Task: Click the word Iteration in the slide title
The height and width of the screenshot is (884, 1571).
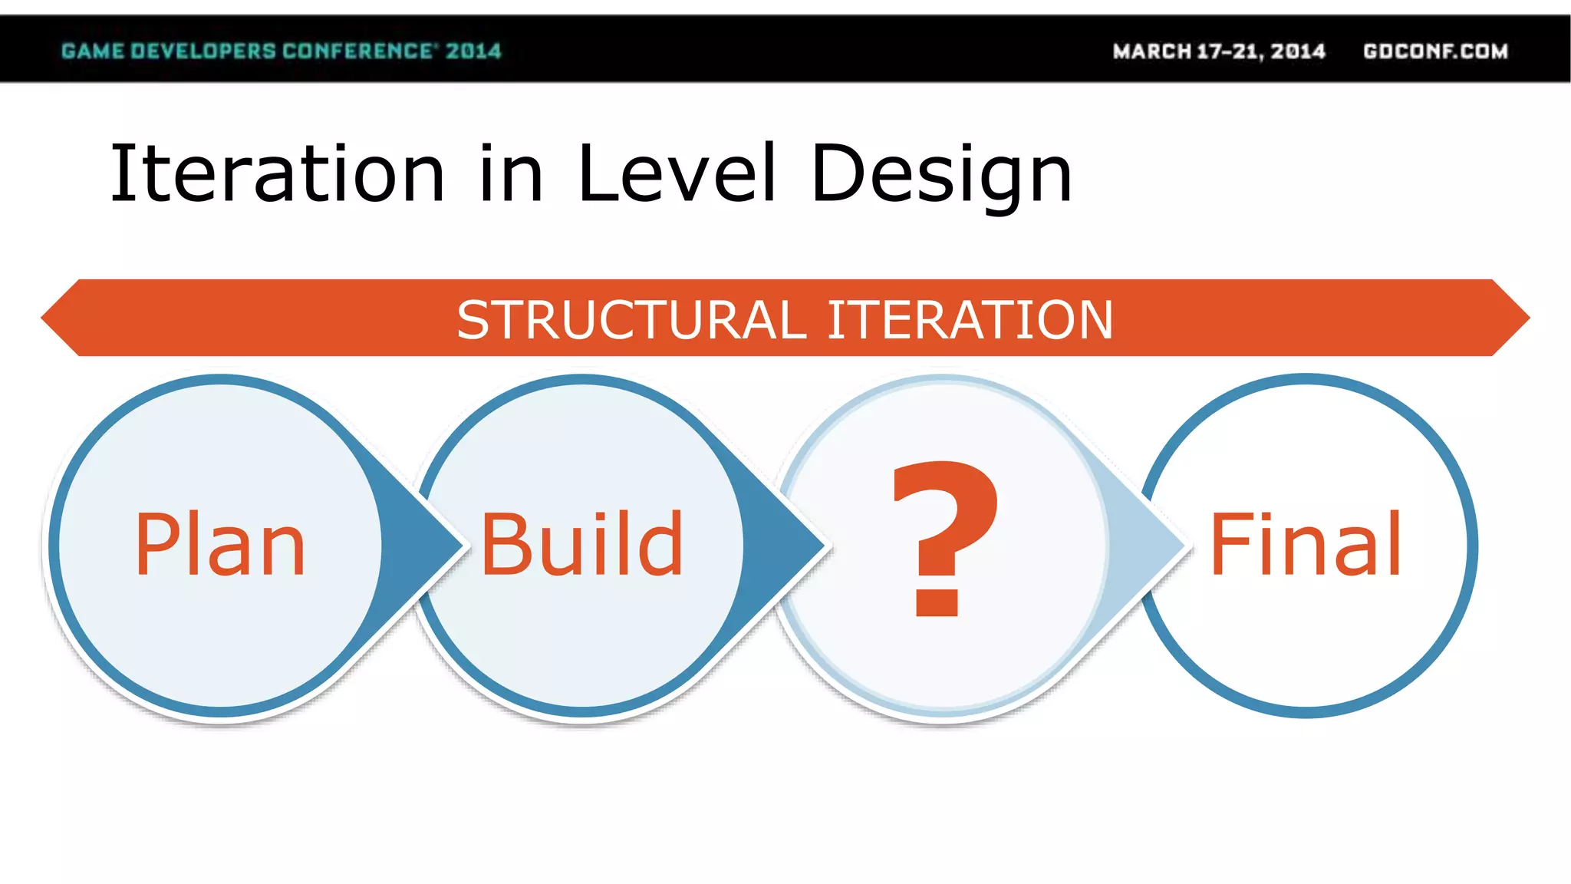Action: click(x=278, y=174)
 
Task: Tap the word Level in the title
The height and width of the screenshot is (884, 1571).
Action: click(x=677, y=174)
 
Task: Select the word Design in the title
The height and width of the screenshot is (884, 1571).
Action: click(x=941, y=174)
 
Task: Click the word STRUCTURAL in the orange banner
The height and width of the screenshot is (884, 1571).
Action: click(x=631, y=319)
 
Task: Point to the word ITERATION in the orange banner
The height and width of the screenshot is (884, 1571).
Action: click(x=970, y=319)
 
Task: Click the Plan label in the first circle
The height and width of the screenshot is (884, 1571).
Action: click(x=220, y=545)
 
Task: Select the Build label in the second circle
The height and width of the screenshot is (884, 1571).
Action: click(x=581, y=545)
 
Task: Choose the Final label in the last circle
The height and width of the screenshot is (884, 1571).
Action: click(x=1306, y=545)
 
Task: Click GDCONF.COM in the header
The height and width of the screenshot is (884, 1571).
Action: click(x=1435, y=51)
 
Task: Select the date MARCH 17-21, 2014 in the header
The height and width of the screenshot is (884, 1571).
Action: click(x=1219, y=51)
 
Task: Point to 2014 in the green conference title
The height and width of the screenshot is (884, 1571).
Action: click(x=473, y=51)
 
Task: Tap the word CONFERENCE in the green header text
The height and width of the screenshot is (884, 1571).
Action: click(x=357, y=51)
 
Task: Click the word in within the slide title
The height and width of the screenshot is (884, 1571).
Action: click(x=511, y=174)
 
